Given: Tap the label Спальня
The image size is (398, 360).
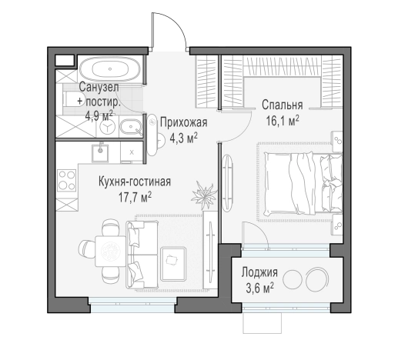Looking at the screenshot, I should click(281, 105).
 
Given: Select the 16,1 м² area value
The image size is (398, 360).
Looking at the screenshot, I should click(282, 120).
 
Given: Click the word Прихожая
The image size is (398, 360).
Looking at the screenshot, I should click(183, 122).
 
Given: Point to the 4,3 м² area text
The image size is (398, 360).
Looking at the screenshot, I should click(183, 138).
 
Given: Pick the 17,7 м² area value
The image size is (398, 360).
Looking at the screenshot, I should click(134, 196).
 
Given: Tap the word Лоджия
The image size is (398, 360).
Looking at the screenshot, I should click(259, 273).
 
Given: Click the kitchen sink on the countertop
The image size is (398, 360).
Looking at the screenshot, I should click(101, 152).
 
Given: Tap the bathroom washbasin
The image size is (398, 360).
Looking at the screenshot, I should click(131, 126).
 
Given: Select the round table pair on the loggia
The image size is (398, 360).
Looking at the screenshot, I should click(316, 277).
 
